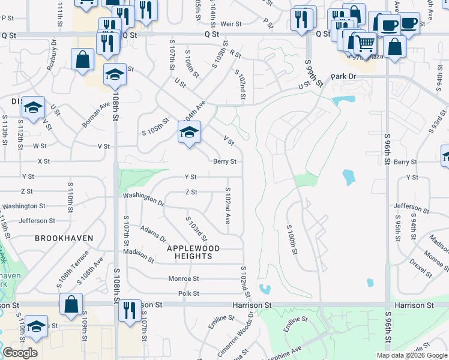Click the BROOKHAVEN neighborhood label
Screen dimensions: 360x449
[x=64, y=238]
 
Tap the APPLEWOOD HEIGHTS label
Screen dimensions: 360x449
[x=193, y=252]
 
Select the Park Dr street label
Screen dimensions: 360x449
[x=343, y=77]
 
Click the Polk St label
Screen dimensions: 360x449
[x=188, y=293]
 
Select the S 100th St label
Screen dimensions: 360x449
[x=292, y=239]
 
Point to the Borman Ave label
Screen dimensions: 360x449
[x=96, y=113]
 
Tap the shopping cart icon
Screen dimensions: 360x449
[x=366, y=43]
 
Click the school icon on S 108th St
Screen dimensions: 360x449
[x=115, y=75]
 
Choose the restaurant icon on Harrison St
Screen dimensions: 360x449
[x=129, y=310]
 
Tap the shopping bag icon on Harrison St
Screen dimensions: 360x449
[x=71, y=304]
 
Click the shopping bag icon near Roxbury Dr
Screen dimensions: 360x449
[x=82, y=59]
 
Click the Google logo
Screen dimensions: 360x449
[x=20, y=353]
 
